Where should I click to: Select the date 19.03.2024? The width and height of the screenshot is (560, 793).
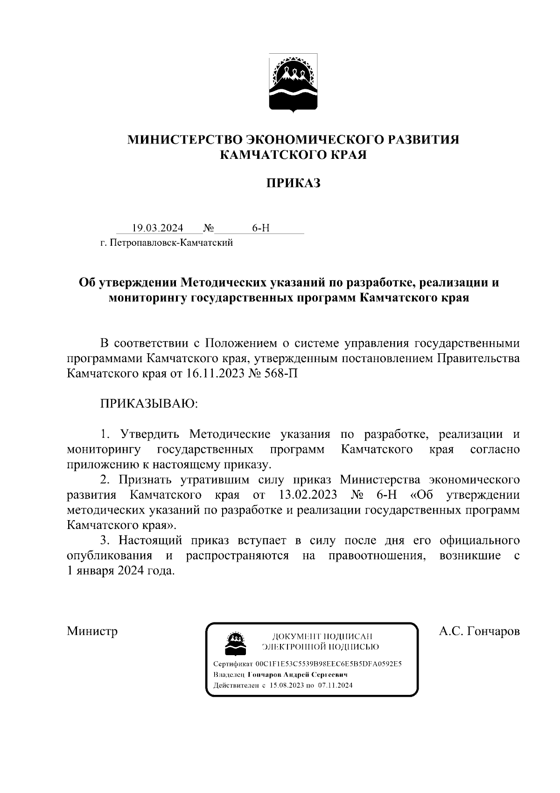click(157, 228)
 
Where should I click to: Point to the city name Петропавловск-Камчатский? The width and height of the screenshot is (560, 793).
click(171, 243)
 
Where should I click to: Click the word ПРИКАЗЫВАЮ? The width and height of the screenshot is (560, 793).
click(149, 403)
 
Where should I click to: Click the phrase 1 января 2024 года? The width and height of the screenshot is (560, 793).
click(121, 571)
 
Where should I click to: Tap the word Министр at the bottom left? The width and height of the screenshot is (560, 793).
click(92, 631)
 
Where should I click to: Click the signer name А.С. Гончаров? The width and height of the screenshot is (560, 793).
click(479, 631)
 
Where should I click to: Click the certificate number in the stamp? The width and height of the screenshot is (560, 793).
click(329, 664)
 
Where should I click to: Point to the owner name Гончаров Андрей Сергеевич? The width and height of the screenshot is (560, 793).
click(298, 675)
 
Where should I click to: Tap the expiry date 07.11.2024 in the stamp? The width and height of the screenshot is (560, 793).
click(335, 686)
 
